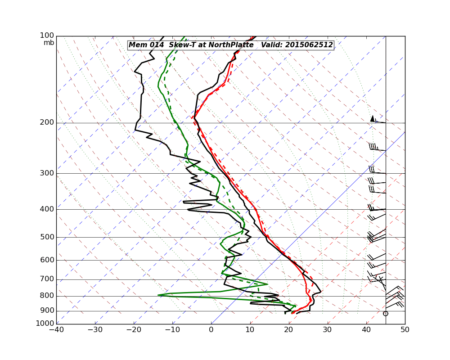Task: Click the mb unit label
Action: (49, 43)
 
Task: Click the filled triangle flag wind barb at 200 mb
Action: (373, 118)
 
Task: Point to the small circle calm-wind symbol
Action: (385, 314)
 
